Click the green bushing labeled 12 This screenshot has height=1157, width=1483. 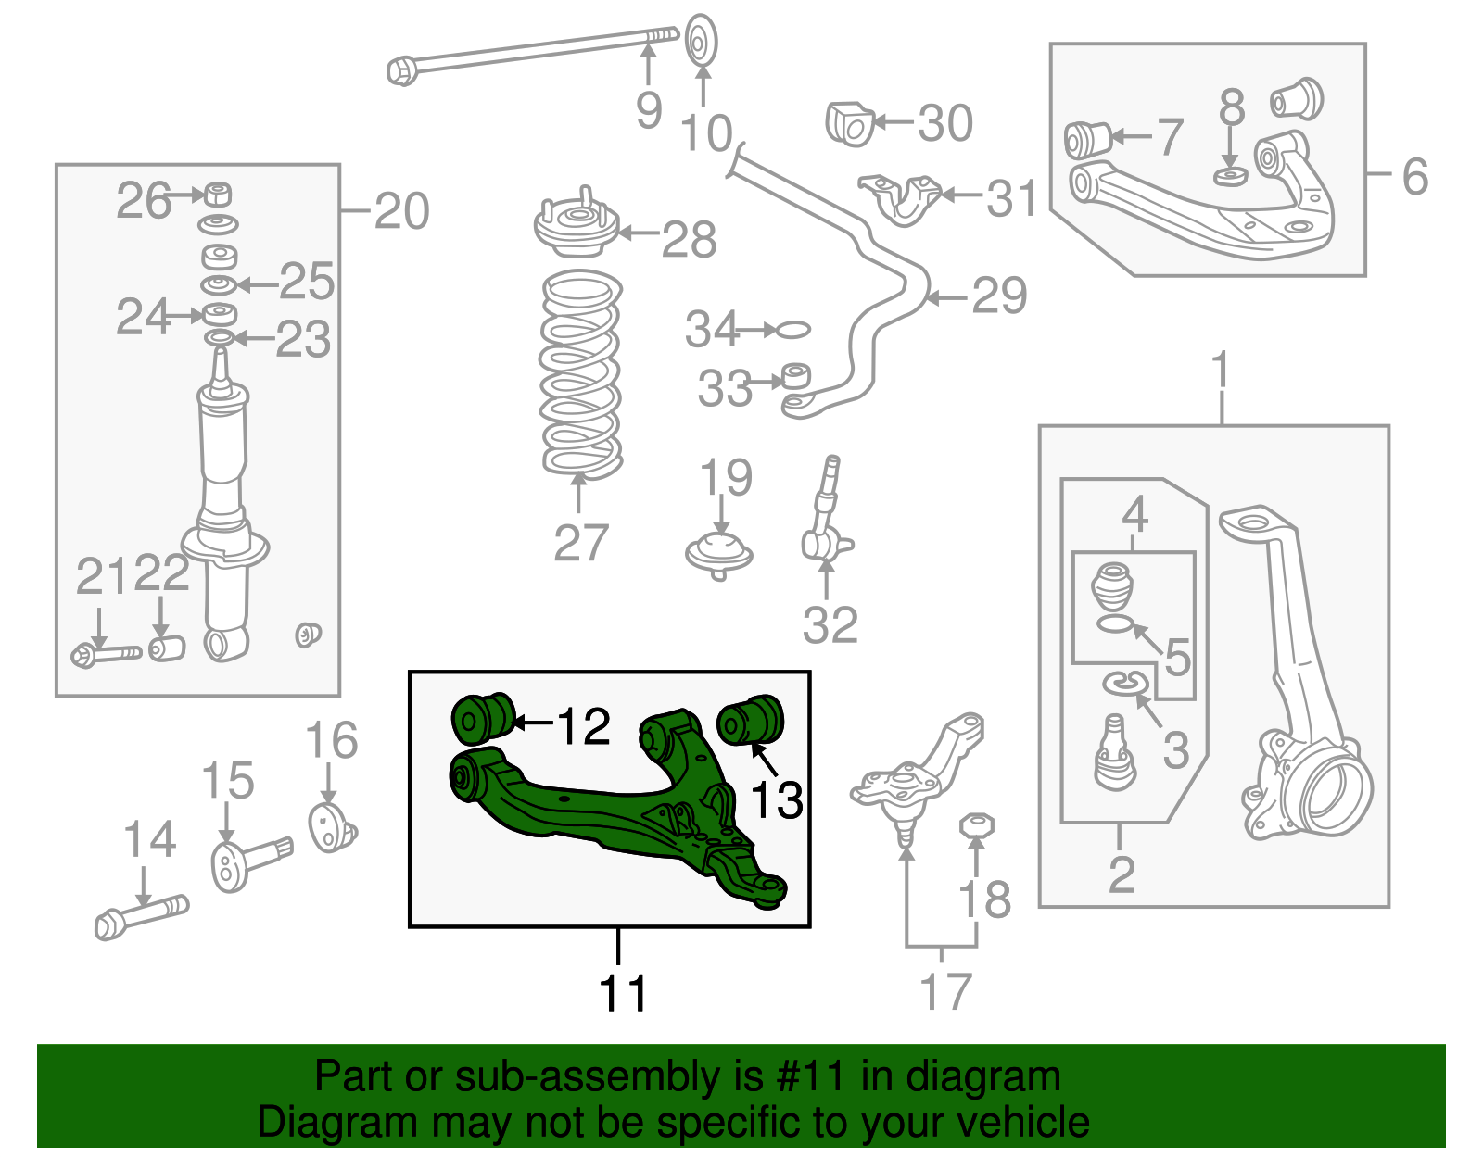481,718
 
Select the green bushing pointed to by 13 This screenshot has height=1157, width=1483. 751,719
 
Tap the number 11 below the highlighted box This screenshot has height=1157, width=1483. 622,994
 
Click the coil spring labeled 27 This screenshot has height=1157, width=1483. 580,374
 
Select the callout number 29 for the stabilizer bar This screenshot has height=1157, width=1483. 999,296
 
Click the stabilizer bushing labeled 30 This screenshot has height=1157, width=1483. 849,124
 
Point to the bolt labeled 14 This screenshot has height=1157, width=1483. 141,916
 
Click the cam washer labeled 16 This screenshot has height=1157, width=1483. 331,827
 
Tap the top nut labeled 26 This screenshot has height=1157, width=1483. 217,195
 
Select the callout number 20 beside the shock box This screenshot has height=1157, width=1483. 401,211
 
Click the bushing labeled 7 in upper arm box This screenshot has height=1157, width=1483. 1086,139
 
